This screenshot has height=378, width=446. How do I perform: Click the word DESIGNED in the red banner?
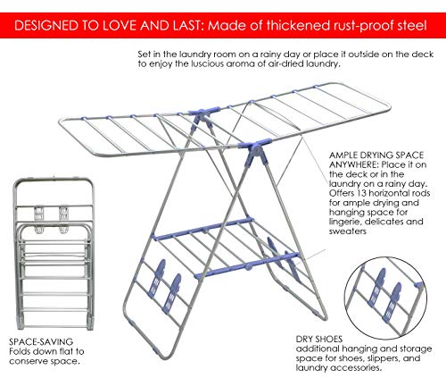click(x=46, y=26)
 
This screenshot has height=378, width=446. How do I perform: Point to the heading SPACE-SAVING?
click(x=41, y=341)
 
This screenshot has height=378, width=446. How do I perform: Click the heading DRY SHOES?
click(x=319, y=339)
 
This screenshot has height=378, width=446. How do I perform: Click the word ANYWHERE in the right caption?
click(x=354, y=164)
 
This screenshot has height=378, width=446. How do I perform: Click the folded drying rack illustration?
click(x=54, y=254)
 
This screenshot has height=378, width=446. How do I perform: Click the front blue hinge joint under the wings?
click(x=256, y=152)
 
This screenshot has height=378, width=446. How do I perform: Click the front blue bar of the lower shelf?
click(x=247, y=265)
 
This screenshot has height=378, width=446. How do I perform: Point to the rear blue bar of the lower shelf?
click(x=203, y=229)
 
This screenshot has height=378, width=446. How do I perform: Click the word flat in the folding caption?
click(x=64, y=351)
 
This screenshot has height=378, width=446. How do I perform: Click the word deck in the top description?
click(x=423, y=55)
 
